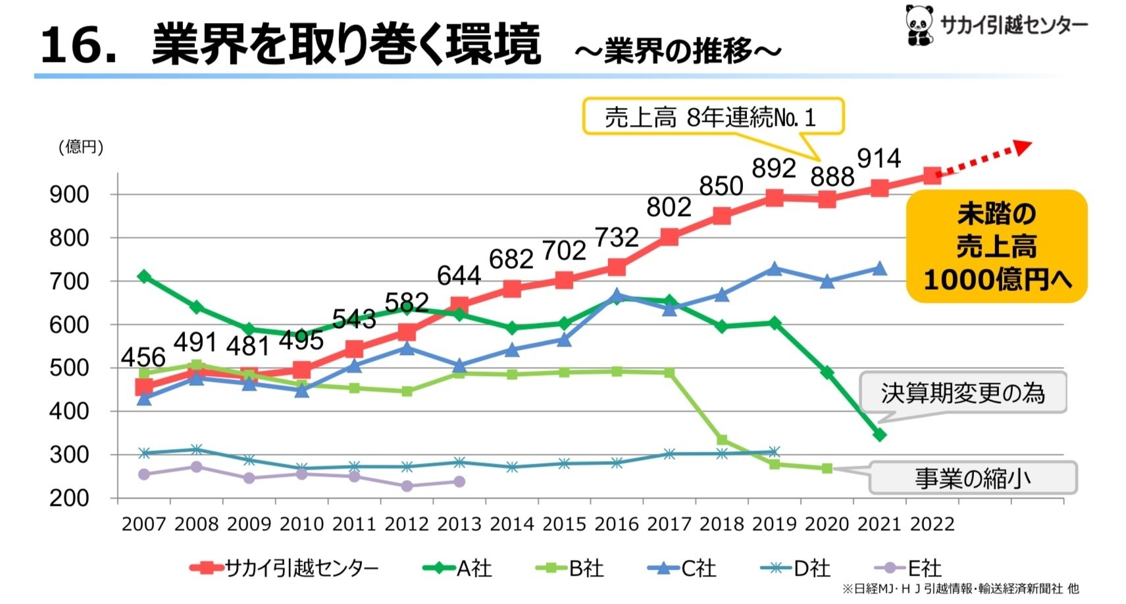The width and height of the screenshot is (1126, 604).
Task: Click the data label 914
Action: [879, 159]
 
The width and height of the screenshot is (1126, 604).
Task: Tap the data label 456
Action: [143, 357]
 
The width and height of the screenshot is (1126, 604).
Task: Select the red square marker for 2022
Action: [932, 175]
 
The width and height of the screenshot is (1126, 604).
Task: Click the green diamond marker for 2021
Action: [879, 435]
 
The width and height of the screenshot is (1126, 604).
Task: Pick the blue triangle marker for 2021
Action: [879, 269]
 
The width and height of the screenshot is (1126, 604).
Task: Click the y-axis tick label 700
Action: [69, 282]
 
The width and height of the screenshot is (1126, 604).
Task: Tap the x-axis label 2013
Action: [459, 524]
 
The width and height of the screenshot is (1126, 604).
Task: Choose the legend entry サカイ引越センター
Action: [284, 568]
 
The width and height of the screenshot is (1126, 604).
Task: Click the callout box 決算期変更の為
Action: [962, 393]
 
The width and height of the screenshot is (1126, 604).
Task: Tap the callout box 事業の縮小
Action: [972, 478]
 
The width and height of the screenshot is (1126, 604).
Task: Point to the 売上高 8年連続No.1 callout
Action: [712, 117]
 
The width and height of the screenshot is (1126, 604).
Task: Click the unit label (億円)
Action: [81, 147]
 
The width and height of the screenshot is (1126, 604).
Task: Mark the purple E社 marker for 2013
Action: [459, 481]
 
